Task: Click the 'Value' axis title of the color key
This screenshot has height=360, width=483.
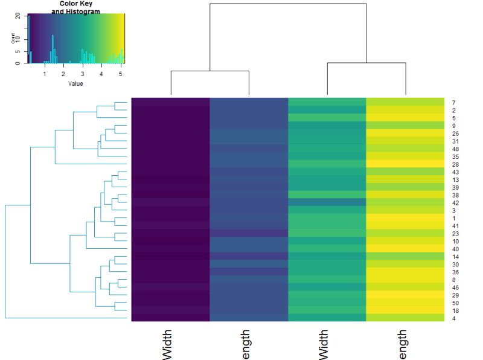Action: coord(75,83)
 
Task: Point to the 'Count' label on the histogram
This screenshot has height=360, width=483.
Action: coord(13,39)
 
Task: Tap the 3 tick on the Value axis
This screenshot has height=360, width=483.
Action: coord(83,74)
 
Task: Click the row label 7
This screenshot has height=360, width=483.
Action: coord(453,103)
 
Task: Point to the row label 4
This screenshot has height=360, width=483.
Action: coord(453,318)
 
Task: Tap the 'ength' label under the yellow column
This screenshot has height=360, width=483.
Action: coord(405,344)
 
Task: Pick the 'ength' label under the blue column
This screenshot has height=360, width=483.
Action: coord(248,344)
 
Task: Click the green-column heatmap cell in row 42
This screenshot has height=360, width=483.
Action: coord(327,202)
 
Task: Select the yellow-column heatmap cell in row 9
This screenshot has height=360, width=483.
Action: coord(405,126)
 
